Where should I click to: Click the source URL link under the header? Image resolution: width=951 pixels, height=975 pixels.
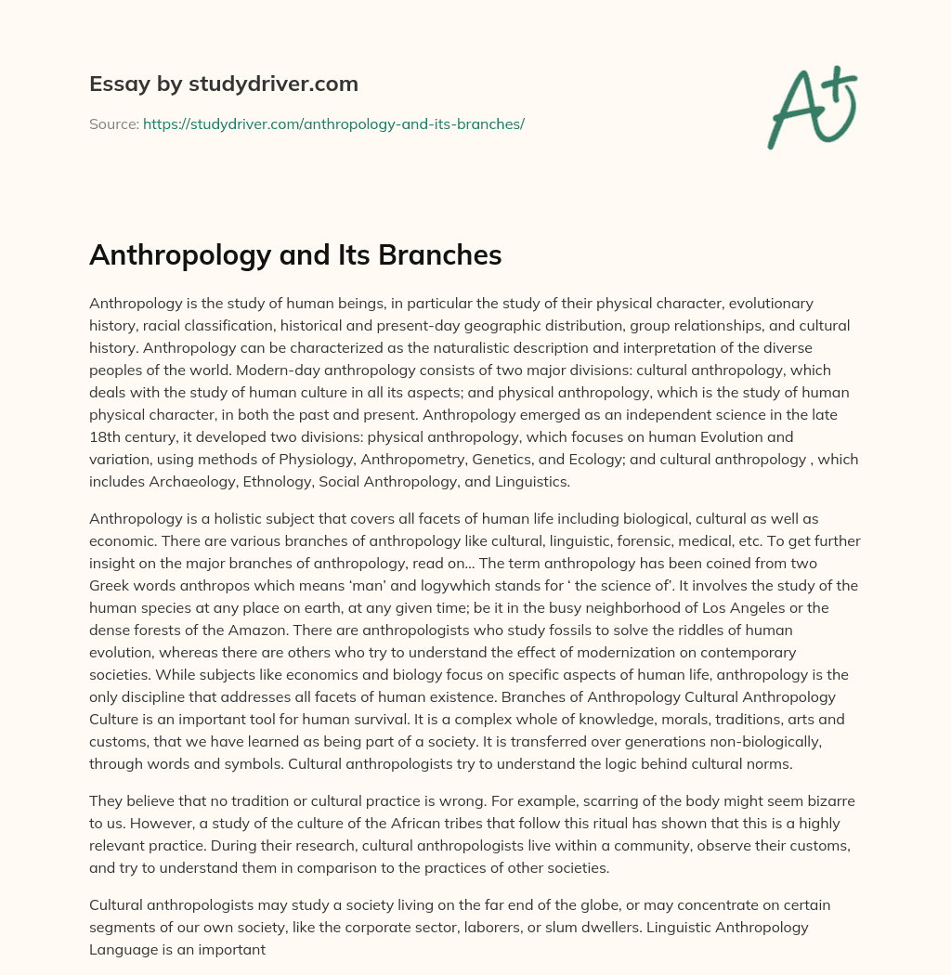(x=333, y=123)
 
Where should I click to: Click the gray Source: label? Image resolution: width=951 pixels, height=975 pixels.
(x=113, y=123)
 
